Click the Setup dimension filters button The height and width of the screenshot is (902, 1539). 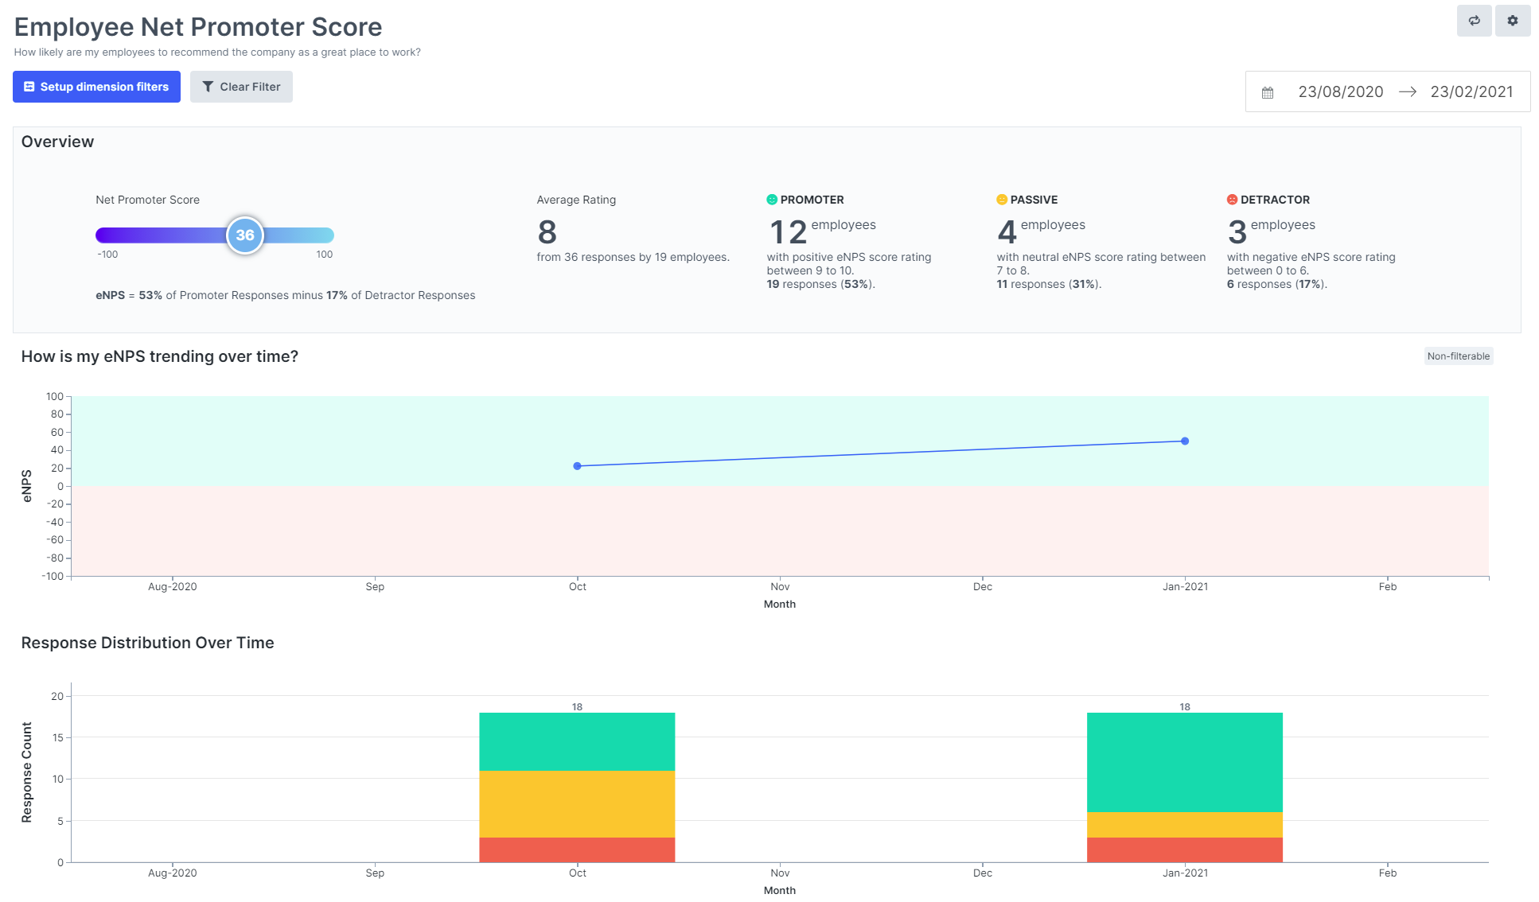pyautogui.click(x=96, y=87)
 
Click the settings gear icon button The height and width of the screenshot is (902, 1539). pyautogui.click(x=1512, y=21)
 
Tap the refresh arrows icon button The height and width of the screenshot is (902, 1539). pyautogui.click(x=1474, y=21)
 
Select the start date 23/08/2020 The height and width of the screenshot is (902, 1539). pyautogui.click(x=1340, y=91)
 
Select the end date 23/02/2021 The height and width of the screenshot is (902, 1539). pyautogui.click(x=1471, y=91)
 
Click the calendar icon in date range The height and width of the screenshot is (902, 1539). pyautogui.click(x=1268, y=92)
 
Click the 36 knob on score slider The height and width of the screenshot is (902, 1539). pyautogui.click(x=245, y=235)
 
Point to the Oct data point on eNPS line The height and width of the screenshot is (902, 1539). pyautogui.click(x=578, y=466)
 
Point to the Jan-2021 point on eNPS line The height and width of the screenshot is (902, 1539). pyautogui.click(x=1185, y=441)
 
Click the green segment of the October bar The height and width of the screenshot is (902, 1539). pyautogui.click(x=577, y=741)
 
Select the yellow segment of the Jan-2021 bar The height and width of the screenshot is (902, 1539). pyautogui.click(x=1184, y=825)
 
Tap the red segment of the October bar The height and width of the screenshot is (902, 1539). pyautogui.click(x=577, y=850)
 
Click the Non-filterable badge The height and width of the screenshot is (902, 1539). pyautogui.click(x=1458, y=356)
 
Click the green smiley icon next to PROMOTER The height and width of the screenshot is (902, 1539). pyautogui.click(x=771, y=200)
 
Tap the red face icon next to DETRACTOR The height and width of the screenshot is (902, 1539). pyautogui.click(x=1232, y=200)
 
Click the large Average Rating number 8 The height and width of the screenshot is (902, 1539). pyautogui.click(x=547, y=232)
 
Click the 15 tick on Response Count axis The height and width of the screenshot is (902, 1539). pyautogui.click(x=57, y=737)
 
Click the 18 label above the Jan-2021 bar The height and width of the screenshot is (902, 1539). pyautogui.click(x=1185, y=706)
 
